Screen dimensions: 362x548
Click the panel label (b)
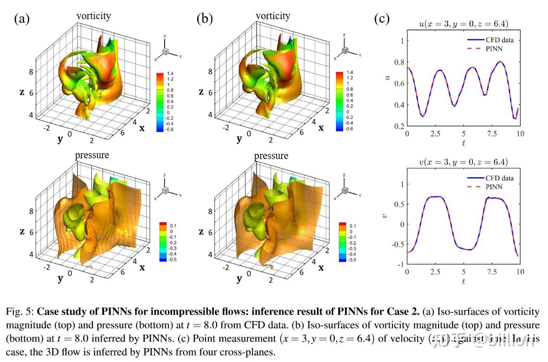(204, 19)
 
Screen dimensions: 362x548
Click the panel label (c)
(381, 19)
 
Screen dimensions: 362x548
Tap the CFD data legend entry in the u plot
(496, 40)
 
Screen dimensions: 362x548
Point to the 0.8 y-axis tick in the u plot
(400, 62)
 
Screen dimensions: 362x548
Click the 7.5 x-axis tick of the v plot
(492, 271)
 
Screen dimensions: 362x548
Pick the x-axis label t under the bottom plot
(463, 281)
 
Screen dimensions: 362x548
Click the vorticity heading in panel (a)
(94, 16)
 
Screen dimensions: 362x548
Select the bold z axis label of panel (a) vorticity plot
(21, 92)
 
